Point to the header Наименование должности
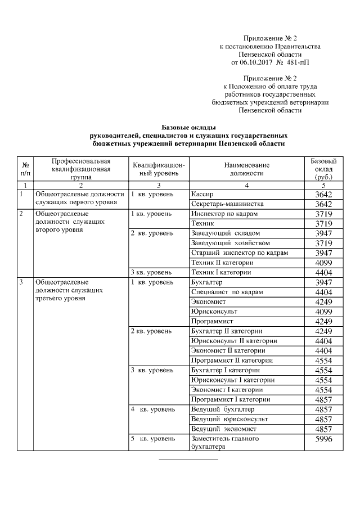(x=246, y=169)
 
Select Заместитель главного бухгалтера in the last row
(x=225, y=443)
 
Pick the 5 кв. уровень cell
(x=152, y=438)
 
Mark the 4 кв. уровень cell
(x=152, y=409)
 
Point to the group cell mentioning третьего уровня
(x=68, y=290)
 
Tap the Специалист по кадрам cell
(x=227, y=292)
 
